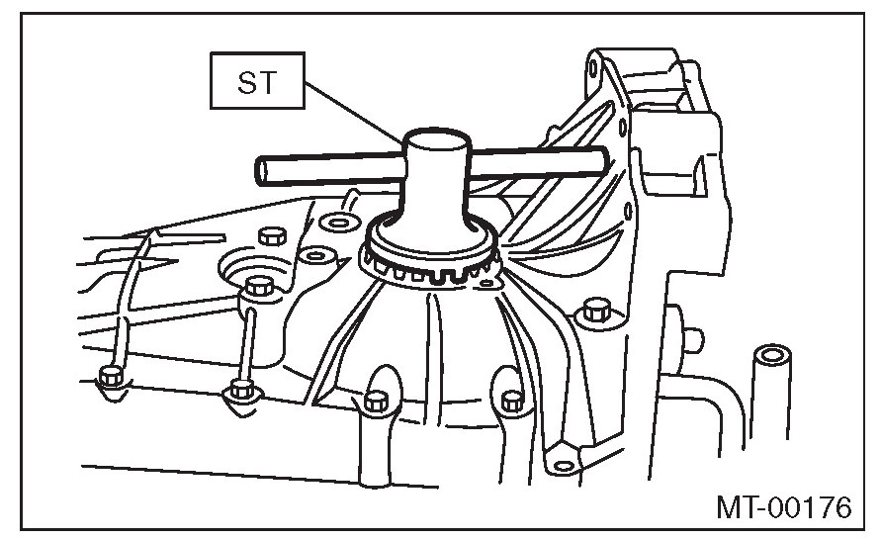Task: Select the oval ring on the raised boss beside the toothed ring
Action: pyautogui.click(x=315, y=256)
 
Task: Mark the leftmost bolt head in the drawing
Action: pyautogui.click(x=111, y=378)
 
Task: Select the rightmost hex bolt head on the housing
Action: pyautogui.click(x=595, y=311)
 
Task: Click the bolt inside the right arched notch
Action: pyautogui.click(x=511, y=400)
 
